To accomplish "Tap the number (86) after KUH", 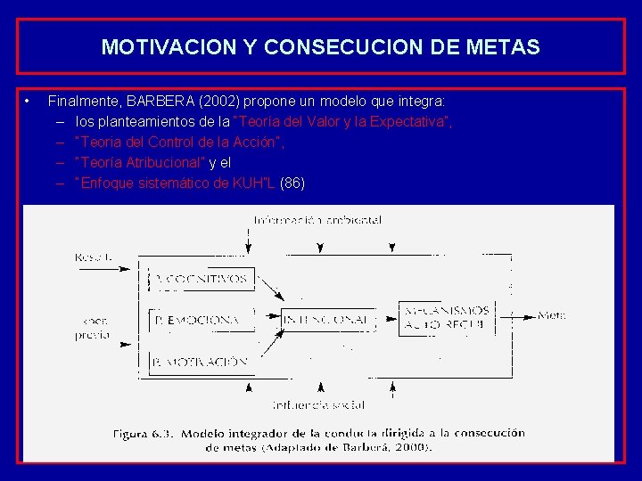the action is click(x=292, y=183).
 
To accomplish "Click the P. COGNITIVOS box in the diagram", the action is click(x=202, y=279).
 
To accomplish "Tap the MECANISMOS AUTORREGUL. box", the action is click(x=444, y=317).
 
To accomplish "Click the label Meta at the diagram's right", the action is click(x=552, y=315).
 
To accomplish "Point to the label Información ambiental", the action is click(x=317, y=220).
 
